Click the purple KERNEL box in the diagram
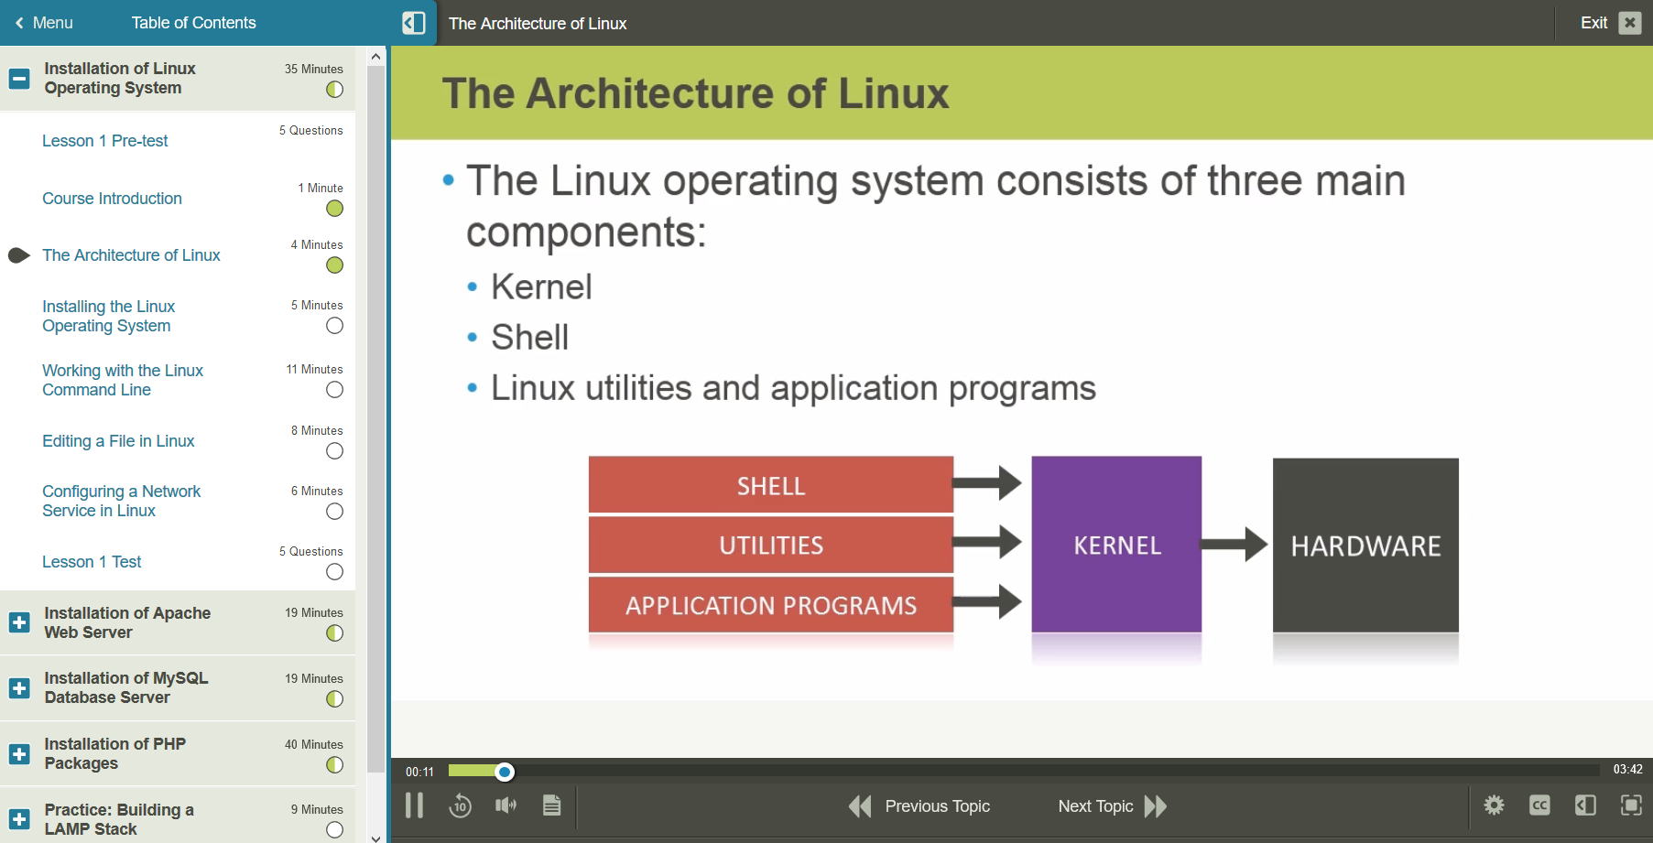(1116, 545)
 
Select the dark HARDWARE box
(1365, 546)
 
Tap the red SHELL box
(770, 485)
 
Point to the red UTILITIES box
(770, 546)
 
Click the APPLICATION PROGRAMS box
(770, 605)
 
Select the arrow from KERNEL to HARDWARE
(1234, 545)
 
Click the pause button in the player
(414, 805)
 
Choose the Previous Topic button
(920, 806)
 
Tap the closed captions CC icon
(1539, 805)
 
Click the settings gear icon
(1494, 805)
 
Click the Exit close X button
(1630, 23)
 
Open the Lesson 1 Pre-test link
(105, 141)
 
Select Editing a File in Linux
(118, 441)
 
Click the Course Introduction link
(112, 199)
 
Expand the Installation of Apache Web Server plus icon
(19, 622)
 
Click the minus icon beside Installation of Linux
(19, 79)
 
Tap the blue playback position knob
(505, 772)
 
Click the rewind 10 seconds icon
(460, 805)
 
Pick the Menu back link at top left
(44, 23)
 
